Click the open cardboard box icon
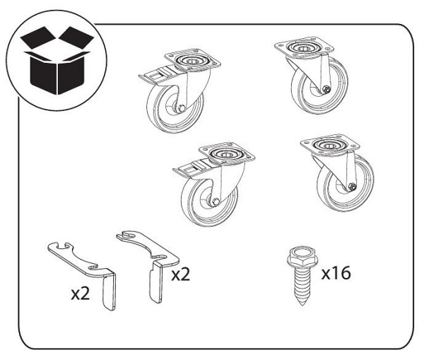(57, 60)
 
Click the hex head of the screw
(302, 257)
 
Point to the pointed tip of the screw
(302, 305)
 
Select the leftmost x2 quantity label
(81, 294)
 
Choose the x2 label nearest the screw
(181, 274)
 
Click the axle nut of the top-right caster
(326, 89)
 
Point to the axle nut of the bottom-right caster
(352, 187)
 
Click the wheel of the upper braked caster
(175, 108)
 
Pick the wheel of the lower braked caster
(210, 202)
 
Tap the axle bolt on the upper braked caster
(181, 108)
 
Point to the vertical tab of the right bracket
(156, 282)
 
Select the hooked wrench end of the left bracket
(61, 248)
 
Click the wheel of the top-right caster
(320, 86)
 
